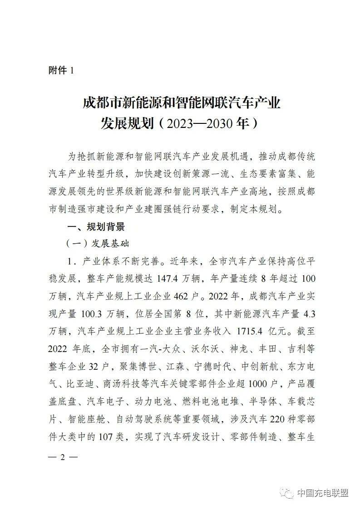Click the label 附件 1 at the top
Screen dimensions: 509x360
[60, 70]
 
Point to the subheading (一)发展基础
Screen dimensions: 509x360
[98, 244]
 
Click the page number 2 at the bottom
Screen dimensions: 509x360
[63, 456]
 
